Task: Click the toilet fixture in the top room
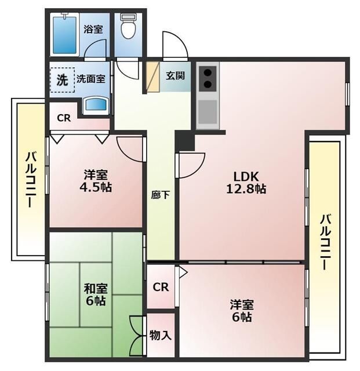click(x=127, y=26)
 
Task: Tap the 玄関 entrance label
click(x=175, y=75)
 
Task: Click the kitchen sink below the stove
click(x=207, y=111)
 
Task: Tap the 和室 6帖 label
click(x=94, y=294)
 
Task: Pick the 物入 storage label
click(x=160, y=335)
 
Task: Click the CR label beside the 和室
click(x=161, y=287)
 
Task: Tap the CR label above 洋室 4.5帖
click(x=64, y=118)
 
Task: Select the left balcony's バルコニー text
click(x=30, y=180)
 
